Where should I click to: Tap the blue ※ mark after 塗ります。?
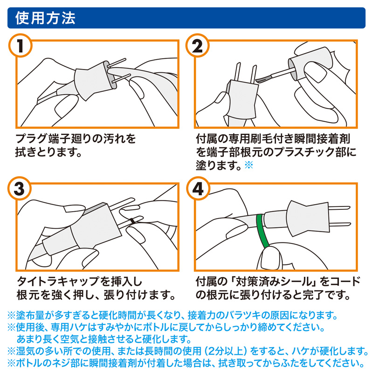click(248, 165)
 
